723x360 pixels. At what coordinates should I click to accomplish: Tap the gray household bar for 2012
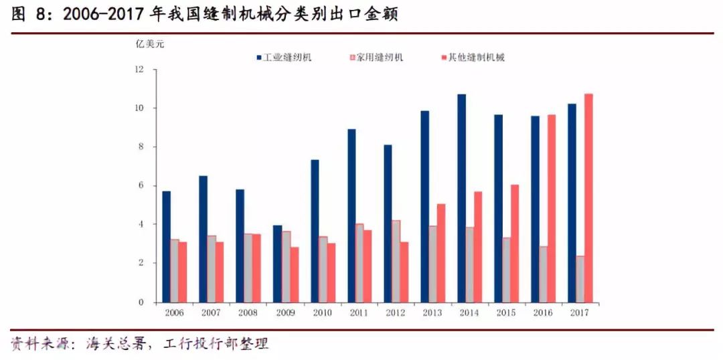pyautogui.click(x=396, y=261)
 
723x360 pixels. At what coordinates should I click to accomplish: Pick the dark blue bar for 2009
pyautogui.click(x=277, y=264)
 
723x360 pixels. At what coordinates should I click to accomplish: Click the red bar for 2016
pyautogui.click(x=552, y=208)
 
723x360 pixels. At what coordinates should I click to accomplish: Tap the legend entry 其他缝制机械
pyautogui.click(x=477, y=58)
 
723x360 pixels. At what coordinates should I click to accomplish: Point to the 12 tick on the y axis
pyautogui.click(x=139, y=70)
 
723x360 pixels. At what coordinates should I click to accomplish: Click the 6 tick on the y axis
pyautogui.click(x=141, y=186)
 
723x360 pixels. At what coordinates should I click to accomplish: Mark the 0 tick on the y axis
pyautogui.click(x=141, y=302)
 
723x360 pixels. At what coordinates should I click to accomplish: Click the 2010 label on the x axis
pyautogui.click(x=322, y=313)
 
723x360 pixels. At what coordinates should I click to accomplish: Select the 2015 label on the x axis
pyautogui.click(x=506, y=313)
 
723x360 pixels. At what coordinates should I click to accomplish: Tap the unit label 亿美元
pyautogui.click(x=149, y=45)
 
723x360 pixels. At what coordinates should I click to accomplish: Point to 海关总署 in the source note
pyautogui.click(x=114, y=344)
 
